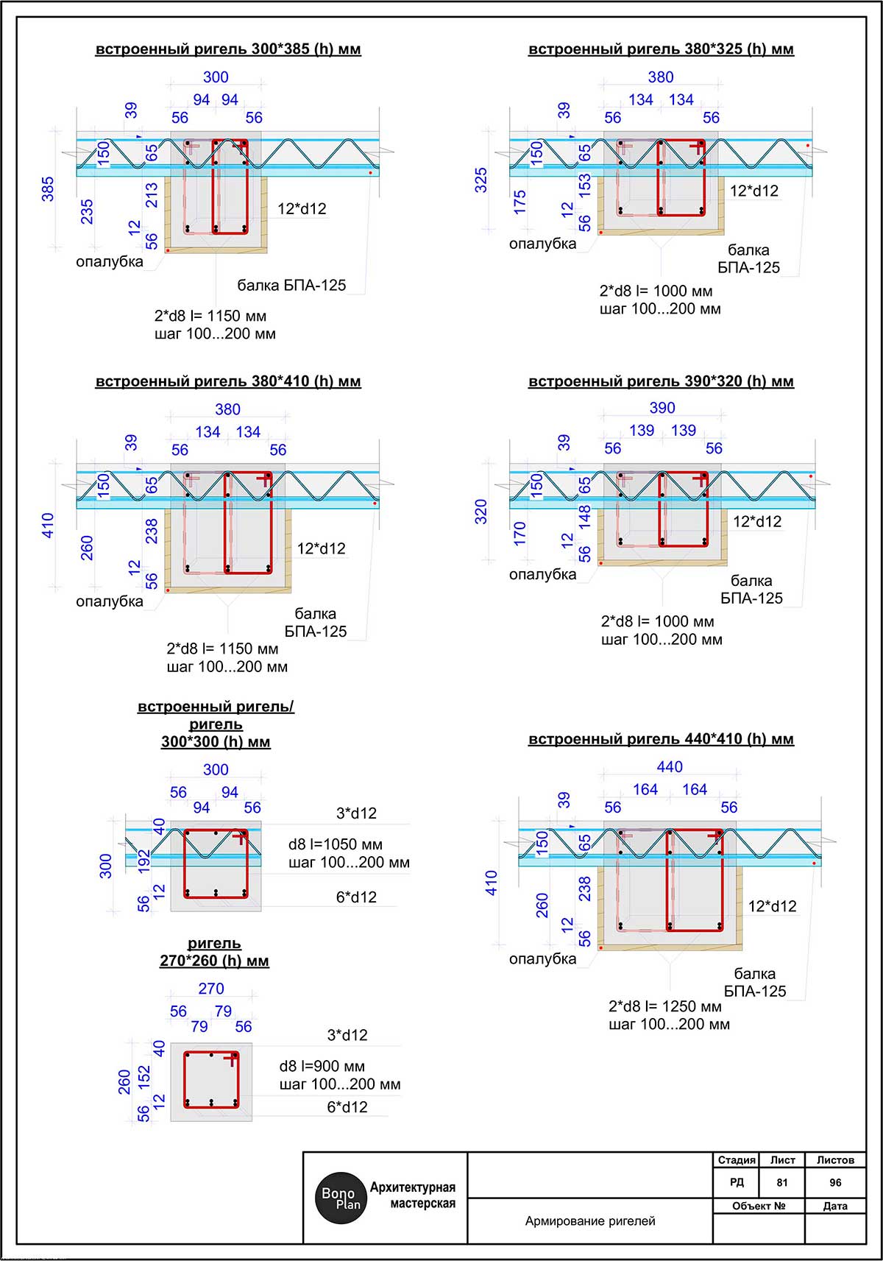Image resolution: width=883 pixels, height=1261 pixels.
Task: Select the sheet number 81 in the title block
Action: [x=781, y=1182]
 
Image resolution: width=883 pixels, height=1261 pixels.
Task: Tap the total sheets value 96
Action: [x=835, y=1182]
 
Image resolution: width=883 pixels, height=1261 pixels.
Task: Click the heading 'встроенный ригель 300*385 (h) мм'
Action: [x=228, y=49]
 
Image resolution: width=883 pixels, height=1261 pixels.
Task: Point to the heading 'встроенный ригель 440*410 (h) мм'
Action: [x=661, y=739]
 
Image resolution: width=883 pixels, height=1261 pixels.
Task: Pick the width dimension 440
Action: [x=670, y=767]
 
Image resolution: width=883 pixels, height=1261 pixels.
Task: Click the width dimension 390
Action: [x=662, y=408]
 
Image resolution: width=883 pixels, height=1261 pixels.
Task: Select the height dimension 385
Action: [x=48, y=189]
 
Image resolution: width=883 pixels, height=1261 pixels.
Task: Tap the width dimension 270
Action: [x=211, y=989]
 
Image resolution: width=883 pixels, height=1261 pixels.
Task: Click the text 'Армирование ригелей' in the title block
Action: [x=590, y=1221]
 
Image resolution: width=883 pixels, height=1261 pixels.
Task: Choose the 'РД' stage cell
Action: [x=737, y=1182]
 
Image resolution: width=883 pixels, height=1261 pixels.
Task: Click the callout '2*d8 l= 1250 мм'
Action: [x=665, y=1006]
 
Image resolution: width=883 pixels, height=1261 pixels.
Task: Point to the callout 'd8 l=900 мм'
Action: [x=322, y=1066]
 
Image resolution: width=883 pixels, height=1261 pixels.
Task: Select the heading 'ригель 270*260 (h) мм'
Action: [x=214, y=952]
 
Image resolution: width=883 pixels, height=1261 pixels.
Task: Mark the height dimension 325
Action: [x=481, y=180]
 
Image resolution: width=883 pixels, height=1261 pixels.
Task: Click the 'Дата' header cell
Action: [x=835, y=1206]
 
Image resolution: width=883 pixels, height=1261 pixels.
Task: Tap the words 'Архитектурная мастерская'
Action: [x=413, y=1195]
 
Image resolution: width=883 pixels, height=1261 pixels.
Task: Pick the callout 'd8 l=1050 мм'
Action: [x=336, y=844]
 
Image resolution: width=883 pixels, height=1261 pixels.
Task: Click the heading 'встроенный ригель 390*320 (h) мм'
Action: [x=661, y=381]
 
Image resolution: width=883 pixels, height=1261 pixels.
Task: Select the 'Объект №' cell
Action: [x=759, y=1206]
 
